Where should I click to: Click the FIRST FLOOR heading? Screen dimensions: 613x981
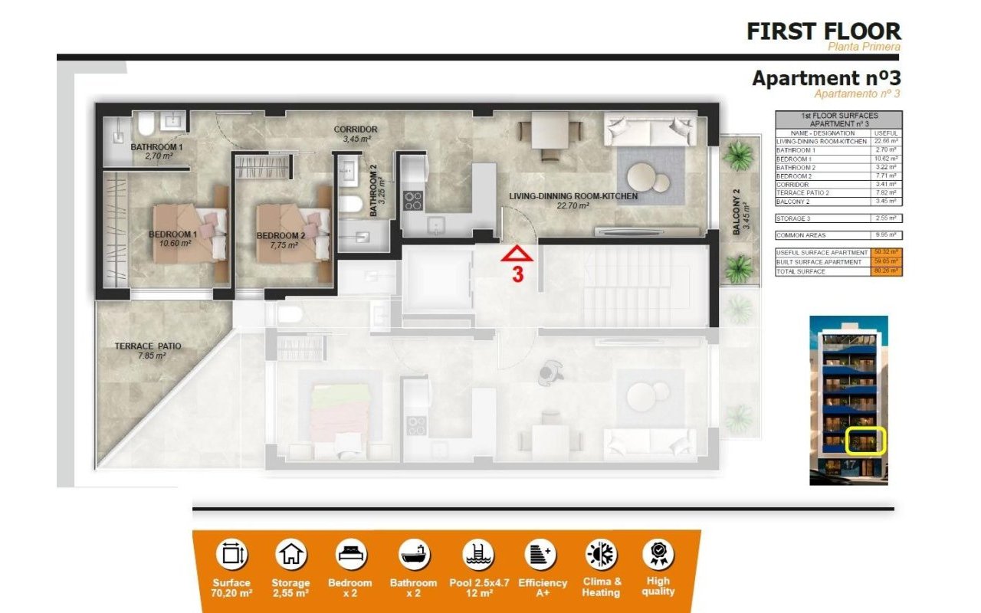pyautogui.click(x=824, y=31)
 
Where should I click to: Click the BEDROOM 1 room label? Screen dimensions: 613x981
pyautogui.click(x=173, y=234)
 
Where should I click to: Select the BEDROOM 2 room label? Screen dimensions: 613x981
pyautogui.click(x=281, y=235)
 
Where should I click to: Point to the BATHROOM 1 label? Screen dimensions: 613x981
pyautogui.click(x=156, y=146)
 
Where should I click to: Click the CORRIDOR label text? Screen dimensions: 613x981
pyautogui.click(x=356, y=129)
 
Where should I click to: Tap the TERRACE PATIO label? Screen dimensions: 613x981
pyautogui.click(x=148, y=346)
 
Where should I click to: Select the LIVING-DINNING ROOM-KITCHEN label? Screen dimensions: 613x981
pyautogui.click(x=573, y=196)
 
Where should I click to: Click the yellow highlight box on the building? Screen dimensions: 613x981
pyautogui.click(x=865, y=440)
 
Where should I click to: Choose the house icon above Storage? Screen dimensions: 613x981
pyautogui.click(x=290, y=554)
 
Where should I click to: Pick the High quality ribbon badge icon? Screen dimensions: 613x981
pyautogui.click(x=658, y=553)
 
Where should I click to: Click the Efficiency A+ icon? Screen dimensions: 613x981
pyautogui.click(x=540, y=554)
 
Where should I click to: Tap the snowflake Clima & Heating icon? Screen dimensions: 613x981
pyautogui.click(x=601, y=554)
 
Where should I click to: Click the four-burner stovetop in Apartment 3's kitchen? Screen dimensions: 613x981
pyautogui.click(x=413, y=201)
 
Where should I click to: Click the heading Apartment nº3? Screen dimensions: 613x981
pyautogui.click(x=825, y=78)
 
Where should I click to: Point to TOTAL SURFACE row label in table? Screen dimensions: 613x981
pyautogui.click(x=801, y=271)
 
